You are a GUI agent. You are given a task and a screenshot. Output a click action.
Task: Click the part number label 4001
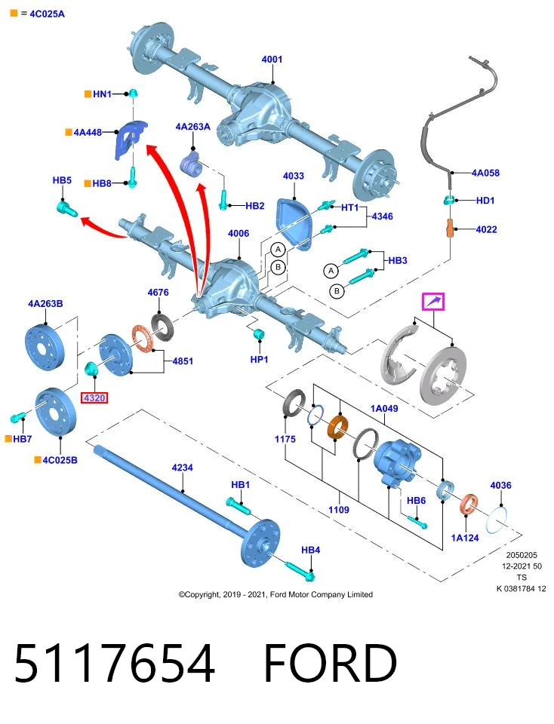coord(272,59)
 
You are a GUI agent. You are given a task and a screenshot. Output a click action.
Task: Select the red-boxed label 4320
coord(94,397)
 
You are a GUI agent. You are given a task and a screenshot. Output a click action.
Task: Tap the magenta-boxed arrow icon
coord(433,302)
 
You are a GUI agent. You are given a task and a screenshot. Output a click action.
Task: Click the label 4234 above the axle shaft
coord(182,468)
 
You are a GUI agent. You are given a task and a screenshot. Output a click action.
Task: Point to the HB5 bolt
coord(67,207)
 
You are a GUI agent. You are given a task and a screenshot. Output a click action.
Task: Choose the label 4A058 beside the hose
coord(485,173)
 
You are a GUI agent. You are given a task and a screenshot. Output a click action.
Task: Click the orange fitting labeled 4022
coord(450,228)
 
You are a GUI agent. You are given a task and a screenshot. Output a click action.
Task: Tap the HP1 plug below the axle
coord(259,333)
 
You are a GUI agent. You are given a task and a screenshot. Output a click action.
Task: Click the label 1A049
coord(384,408)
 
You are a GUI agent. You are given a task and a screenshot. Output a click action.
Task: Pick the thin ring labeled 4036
coord(497,520)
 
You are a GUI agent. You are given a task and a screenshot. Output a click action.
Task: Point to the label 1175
coord(285,439)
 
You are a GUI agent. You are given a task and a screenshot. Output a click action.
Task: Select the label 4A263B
coord(45,303)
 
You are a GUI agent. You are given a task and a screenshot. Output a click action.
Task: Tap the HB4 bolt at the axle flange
coord(300,571)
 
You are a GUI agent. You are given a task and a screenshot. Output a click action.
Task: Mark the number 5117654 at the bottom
coord(115,663)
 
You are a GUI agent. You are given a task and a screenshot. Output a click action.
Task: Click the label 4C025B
coord(60,460)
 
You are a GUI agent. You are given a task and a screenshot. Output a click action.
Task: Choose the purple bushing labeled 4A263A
coord(191,164)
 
